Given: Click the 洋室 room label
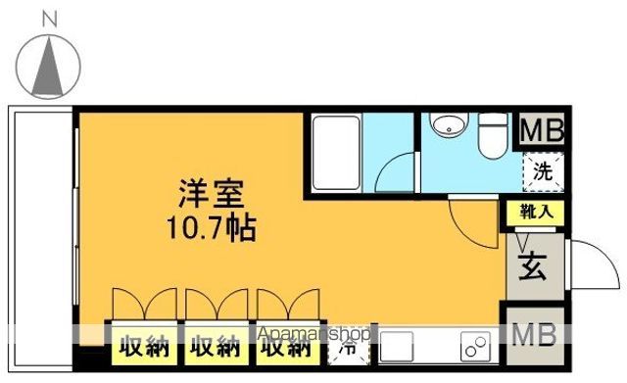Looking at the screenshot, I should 209,193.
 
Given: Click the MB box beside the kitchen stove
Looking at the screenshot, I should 534,335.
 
